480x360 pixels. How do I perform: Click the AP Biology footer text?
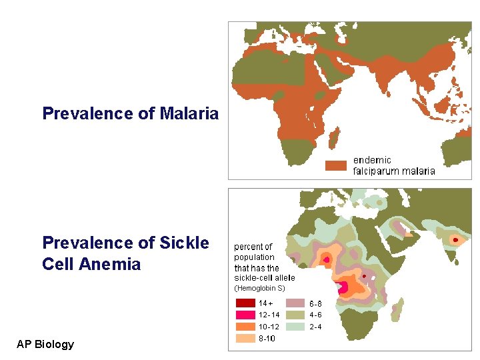(45, 344)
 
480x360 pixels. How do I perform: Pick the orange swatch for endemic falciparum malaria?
(336, 165)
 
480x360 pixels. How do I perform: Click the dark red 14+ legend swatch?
(245, 303)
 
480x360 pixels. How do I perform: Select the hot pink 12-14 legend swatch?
(245, 315)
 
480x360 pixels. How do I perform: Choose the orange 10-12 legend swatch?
(245, 327)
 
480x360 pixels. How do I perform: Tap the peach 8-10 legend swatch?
(245, 339)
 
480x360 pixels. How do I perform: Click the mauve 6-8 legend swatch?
(295, 303)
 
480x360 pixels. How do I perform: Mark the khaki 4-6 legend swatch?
(295, 315)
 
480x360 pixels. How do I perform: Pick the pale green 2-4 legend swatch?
(295, 327)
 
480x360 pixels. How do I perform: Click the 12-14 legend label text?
(269, 315)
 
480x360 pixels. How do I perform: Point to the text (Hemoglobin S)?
(259, 289)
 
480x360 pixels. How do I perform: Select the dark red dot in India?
(455, 239)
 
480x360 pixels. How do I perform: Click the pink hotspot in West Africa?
(327, 259)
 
